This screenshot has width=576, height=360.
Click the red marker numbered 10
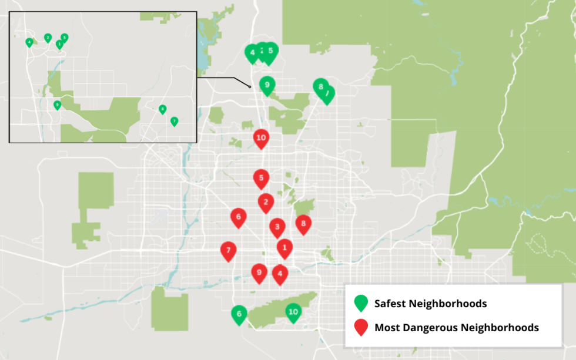tap(262, 139)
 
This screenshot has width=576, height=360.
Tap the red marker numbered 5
tap(262, 178)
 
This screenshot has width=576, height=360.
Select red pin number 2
tap(266, 203)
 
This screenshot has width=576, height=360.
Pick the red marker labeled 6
tap(238, 217)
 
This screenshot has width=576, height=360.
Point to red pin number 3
tap(277, 227)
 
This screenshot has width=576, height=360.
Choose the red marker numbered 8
tap(303, 223)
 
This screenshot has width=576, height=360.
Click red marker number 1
tap(285, 248)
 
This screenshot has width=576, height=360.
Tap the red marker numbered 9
tap(259, 273)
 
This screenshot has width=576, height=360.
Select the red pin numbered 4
tap(280, 274)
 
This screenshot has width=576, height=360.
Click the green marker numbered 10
tap(293, 312)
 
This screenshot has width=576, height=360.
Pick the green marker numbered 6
tap(239, 314)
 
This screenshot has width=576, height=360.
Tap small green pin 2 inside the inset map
tap(48, 38)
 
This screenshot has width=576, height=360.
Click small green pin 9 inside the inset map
tap(57, 105)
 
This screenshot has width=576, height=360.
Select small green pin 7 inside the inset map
tap(174, 121)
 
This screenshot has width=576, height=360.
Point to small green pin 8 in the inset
tap(163, 109)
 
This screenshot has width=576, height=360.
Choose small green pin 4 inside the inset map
tap(29, 42)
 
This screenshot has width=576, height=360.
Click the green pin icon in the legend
tap(360, 303)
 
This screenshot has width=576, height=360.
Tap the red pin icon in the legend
tap(360, 327)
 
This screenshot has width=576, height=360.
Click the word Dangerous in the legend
tap(428, 328)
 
